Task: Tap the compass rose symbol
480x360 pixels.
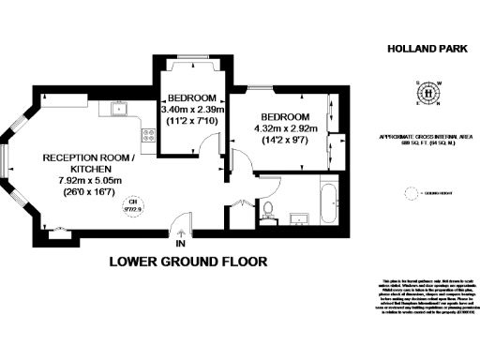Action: (428, 92)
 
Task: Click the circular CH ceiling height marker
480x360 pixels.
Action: (134, 205)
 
